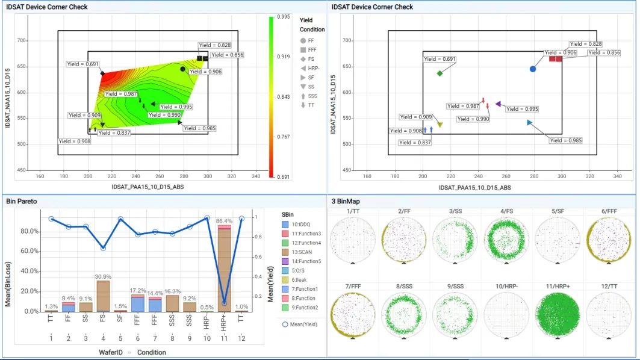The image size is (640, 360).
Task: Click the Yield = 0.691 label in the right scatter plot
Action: click(x=440, y=59)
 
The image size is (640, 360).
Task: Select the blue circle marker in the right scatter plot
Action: click(x=533, y=69)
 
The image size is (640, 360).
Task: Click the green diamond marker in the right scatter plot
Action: click(x=440, y=73)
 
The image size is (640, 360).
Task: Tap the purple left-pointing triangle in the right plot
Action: click(x=498, y=104)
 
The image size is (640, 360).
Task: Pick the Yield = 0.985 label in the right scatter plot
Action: click(x=566, y=140)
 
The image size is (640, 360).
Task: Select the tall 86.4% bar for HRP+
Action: click(x=225, y=269)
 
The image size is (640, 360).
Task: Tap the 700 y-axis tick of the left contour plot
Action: click(x=20, y=41)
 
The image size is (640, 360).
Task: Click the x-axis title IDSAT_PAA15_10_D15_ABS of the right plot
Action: click(x=475, y=188)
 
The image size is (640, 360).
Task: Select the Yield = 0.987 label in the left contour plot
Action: click(x=122, y=94)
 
